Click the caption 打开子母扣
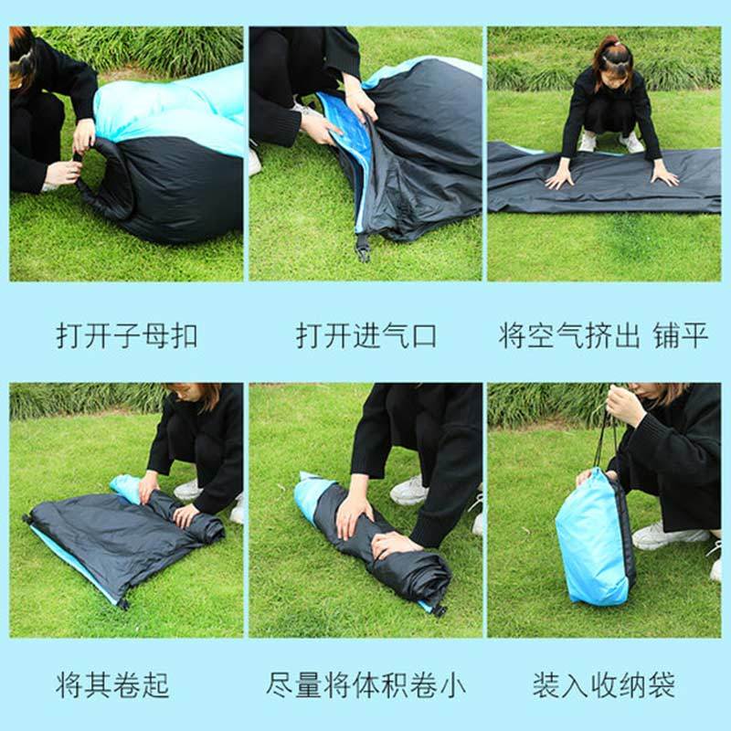point(127,335)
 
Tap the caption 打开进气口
point(366,335)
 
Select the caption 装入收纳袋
point(604,684)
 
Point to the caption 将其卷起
point(112,684)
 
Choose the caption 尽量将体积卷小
point(366,684)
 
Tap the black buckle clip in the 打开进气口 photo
point(362,248)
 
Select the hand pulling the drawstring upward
point(625,406)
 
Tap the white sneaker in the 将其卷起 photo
point(188,490)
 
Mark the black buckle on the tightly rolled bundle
point(438,609)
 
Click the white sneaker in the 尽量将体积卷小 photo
point(408,491)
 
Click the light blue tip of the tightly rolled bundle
point(309,496)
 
